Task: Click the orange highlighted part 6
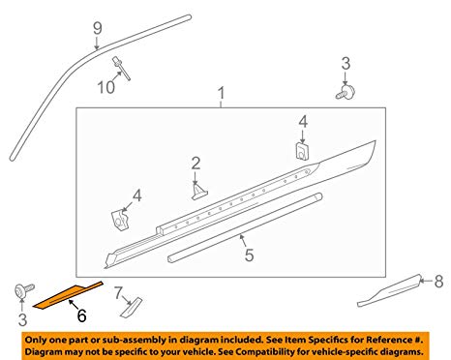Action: [68, 296]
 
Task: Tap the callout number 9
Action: [98, 28]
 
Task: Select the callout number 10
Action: [105, 87]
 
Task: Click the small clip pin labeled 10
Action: [121, 68]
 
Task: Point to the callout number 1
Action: [221, 93]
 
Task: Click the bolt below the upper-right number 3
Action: [345, 92]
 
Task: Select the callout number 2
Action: [195, 164]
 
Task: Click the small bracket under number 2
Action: [199, 191]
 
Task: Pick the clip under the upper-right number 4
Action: [302, 151]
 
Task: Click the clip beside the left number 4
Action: [120, 220]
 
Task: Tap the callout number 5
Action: [249, 255]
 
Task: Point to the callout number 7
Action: [118, 293]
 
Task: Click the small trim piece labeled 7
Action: [132, 307]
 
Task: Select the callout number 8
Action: [438, 282]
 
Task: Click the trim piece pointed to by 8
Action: [390, 290]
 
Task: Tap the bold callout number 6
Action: [81, 315]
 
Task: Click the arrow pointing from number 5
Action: [243, 242]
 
